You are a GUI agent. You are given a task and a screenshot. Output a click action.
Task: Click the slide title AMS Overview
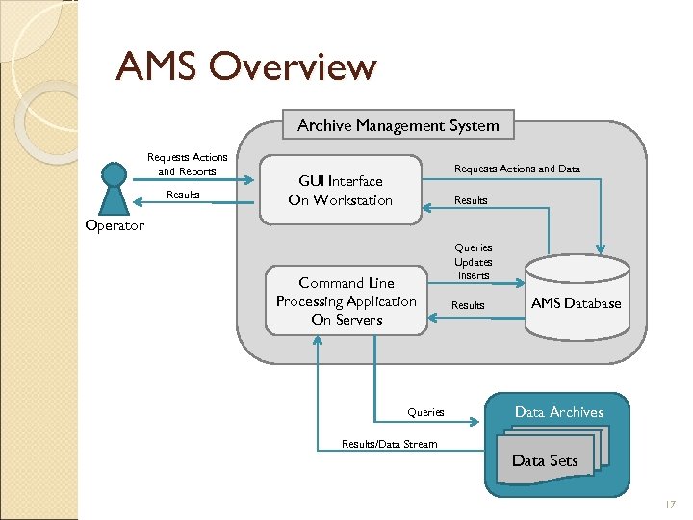point(245,67)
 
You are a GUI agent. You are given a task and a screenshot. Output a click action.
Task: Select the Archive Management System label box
point(398,125)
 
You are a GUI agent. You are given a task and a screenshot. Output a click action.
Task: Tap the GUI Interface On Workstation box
point(341,191)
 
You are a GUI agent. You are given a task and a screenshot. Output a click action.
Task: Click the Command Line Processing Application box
point(346,301)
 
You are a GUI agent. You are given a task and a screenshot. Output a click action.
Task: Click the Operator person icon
point(115,187)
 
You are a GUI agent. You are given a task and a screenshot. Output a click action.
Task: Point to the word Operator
point(115,226)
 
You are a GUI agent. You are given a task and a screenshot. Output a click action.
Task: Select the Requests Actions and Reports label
point(188,165)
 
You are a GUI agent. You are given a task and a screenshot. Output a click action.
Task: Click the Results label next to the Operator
point(183,195)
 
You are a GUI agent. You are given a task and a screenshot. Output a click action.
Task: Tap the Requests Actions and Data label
point(517,169)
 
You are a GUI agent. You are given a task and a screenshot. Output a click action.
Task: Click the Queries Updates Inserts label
point(473,262)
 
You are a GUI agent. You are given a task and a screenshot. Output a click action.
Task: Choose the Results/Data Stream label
point(389,444)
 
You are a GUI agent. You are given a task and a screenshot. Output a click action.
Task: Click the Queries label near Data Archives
point(425,412)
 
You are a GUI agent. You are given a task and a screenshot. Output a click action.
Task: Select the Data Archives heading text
point(559,412)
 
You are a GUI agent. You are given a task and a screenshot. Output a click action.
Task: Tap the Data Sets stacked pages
point(547,459)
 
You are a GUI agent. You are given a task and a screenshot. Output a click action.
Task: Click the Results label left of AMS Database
point(469,305)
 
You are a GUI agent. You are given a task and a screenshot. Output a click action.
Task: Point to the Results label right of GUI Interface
point(471,200)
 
